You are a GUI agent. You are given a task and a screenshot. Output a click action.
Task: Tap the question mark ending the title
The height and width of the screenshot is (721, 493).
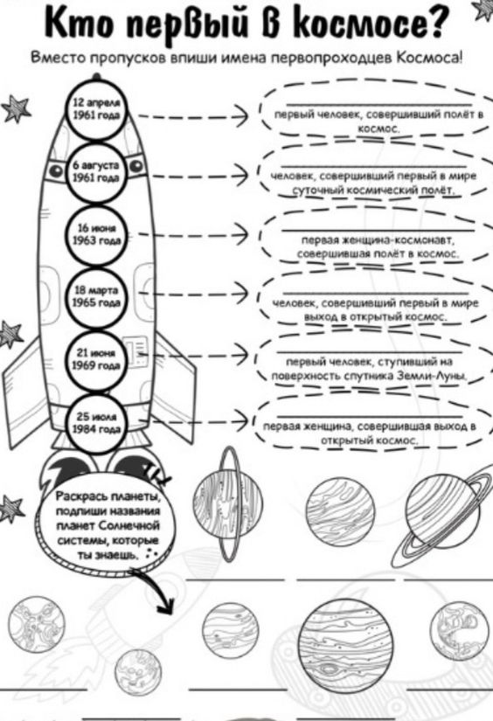(x=433, y=23)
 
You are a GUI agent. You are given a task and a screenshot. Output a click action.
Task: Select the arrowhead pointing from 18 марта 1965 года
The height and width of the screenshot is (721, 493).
(x=241, y=293)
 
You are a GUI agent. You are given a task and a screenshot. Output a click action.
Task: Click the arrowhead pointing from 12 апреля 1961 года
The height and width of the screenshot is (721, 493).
(x=241, y=115)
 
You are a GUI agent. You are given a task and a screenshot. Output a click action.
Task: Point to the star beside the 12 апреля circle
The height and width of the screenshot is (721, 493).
(x=16, y=109)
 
